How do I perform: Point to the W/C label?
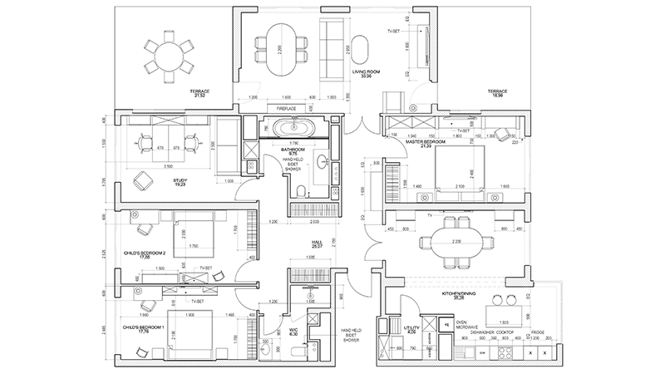294,330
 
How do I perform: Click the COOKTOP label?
510,332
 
